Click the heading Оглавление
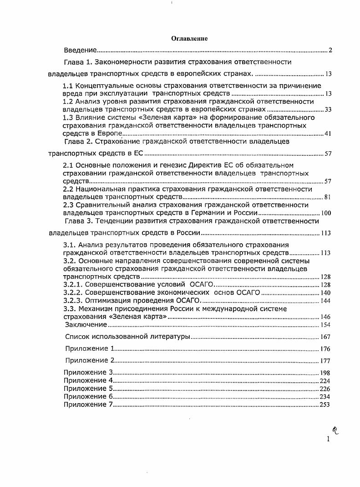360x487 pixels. [x=189, y=39]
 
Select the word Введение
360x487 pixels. [x=80, y=50]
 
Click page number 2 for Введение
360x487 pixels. [x=330, y=50]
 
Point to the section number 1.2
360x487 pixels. [x=68, y=102]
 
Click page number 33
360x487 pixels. [x=327, y=110]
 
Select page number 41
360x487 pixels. [x=327, y=133]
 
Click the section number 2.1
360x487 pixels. [x=68, y=165]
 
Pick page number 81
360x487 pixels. [x=327, y=197]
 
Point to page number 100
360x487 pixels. [x=325, y=213]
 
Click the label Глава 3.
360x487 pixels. [x=80, y=221]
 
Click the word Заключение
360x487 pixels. [x=86, y=324]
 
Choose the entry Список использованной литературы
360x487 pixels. [x=127, y=337]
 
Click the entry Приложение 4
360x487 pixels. [x=88, y=380]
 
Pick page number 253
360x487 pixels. [x=325, y=405]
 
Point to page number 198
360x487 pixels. [x=325, y=373]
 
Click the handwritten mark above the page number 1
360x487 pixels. [x=336, y=430]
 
